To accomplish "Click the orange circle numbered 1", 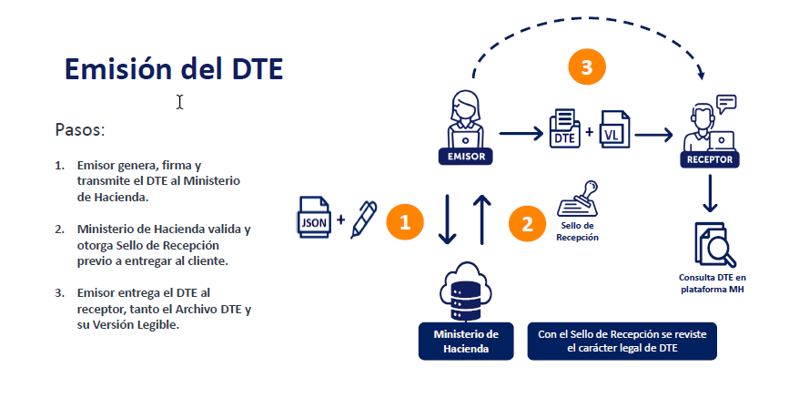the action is point(405,221).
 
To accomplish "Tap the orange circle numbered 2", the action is point(527,224).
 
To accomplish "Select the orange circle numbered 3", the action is point(587,66).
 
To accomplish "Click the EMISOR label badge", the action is point(466,156).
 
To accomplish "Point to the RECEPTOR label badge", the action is point(710,159).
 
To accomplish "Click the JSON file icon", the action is point(314,217).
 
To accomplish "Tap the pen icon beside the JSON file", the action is point(364,219).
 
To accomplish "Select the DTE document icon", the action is point(564,128).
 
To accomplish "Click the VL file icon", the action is point(615,129).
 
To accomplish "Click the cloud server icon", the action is point(465,291).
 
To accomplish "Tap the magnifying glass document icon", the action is point(714,244).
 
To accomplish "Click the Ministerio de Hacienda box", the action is point(466,341).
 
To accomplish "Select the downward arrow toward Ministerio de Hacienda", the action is point(447,220).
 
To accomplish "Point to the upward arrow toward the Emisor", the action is point(482,220).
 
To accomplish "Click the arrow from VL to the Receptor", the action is point(653,135).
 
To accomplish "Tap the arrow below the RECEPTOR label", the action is point(710,193).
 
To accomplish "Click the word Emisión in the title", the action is point(117,68).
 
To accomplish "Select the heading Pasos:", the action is point(80,129).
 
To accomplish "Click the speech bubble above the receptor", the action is point(726,104).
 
